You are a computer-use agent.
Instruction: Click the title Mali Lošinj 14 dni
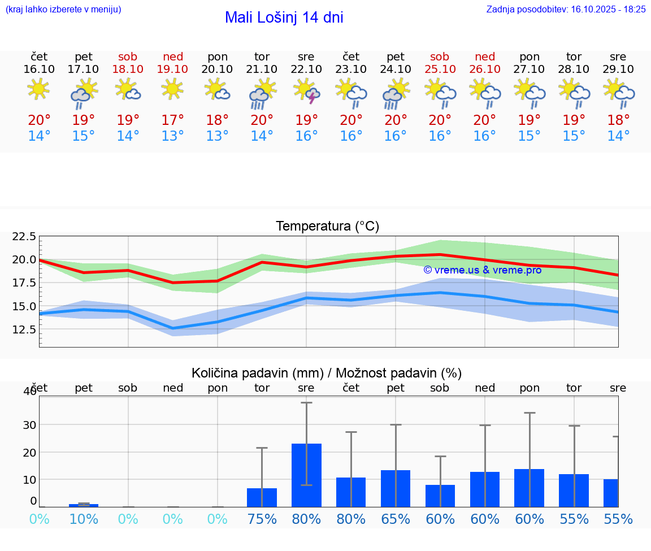284,18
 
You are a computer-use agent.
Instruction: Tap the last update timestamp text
566,9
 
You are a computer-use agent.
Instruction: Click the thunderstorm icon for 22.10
307,92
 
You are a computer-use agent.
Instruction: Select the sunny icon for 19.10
173,89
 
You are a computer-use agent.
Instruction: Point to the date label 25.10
440,69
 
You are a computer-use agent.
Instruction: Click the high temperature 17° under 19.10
173,120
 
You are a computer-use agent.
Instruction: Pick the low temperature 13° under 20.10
218,136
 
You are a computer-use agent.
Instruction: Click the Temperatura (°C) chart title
327,226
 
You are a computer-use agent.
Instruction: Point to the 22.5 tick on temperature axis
24,236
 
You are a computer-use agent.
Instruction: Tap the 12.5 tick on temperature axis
24,329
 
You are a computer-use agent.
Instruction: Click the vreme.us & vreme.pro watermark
482,270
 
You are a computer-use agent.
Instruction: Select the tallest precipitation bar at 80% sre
306,475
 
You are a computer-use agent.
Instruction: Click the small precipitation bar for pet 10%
84,505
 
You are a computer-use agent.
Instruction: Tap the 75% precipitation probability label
262,519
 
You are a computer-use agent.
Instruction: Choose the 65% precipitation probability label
396,519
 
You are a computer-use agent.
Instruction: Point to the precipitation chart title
327,373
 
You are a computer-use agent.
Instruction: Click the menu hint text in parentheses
63,9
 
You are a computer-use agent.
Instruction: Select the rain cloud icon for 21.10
262,93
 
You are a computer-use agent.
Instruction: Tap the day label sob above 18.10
128,57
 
